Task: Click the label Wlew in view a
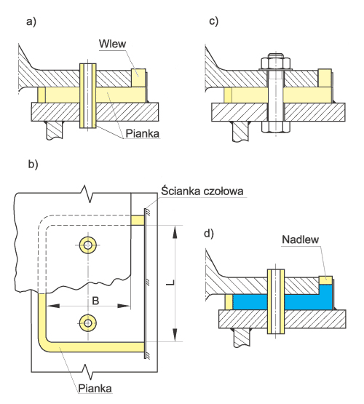pos(112,44)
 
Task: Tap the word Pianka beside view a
pos(143,134)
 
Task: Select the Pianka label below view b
pos(95,388)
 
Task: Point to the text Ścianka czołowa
pos(202,191)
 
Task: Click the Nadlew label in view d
pos(301,239)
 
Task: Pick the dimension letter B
pos(95,301)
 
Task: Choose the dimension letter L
pos(170,282)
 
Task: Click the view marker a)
pos(31,22)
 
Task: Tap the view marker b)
pos(33,165)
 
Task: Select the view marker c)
pos(213,21)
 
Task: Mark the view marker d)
pos(209,234)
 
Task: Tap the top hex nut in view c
pos(276,62)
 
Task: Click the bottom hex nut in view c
pos(276,127)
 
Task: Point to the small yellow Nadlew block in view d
pos(325,280)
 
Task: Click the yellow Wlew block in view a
pos(138,78)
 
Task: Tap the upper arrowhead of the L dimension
pos(175,232)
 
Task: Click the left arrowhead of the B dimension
pos(53,306)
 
